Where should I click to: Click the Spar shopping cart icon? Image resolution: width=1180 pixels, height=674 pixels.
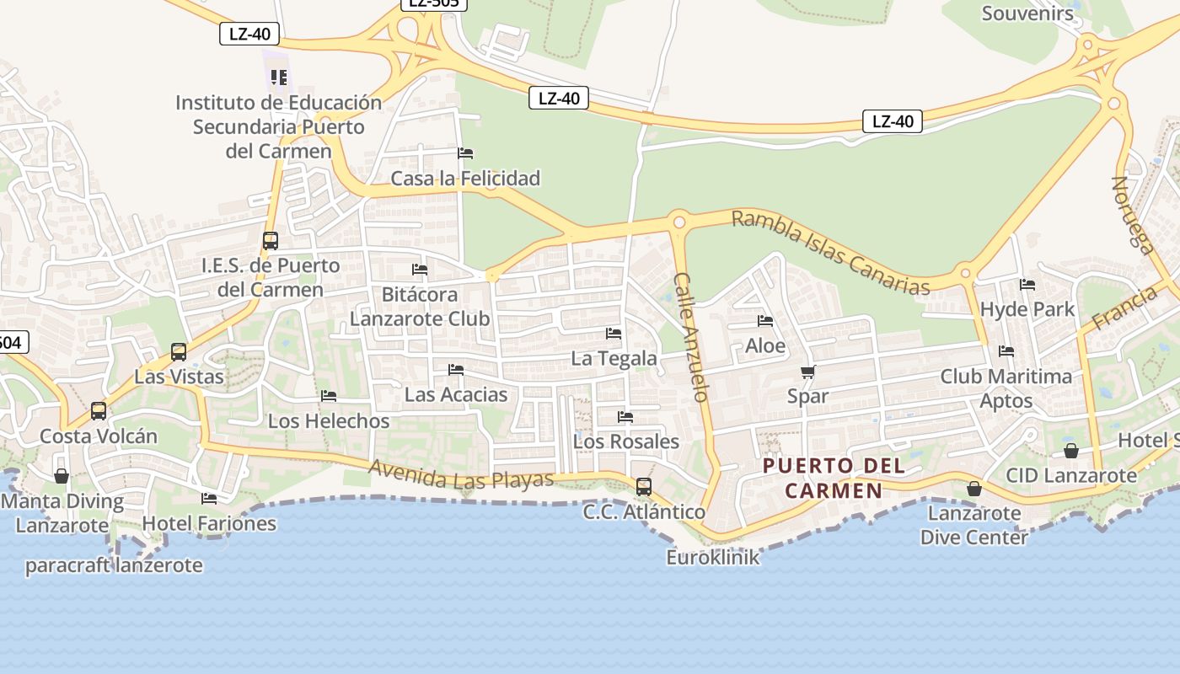807,372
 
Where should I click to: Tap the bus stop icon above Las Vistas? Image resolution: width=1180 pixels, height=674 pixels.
179,351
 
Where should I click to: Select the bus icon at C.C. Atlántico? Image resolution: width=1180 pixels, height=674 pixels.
644,486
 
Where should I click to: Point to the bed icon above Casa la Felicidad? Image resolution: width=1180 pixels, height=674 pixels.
465,153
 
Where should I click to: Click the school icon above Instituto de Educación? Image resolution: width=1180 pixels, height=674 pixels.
279,78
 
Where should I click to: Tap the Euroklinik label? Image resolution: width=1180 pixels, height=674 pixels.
713,557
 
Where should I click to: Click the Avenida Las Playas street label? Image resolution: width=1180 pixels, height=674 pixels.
461,476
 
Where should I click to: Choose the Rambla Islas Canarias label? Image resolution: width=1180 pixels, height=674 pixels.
830,252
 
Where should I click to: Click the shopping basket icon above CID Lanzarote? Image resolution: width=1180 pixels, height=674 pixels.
1071,451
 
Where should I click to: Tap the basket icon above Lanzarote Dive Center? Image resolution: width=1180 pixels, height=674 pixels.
974,489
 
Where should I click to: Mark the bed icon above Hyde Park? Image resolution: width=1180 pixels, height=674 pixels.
1027,285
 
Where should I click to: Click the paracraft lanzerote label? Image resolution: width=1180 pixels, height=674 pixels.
114,565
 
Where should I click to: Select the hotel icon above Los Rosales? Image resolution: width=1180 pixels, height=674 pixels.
625,417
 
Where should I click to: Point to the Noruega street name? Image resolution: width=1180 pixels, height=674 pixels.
1133,215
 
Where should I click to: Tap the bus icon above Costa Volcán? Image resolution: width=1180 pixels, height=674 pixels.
99,411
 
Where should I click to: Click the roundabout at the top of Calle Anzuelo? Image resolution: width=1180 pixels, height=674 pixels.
679,222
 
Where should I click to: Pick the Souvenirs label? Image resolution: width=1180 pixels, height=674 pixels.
1027,13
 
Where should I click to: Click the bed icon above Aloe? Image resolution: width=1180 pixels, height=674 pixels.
765,321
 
